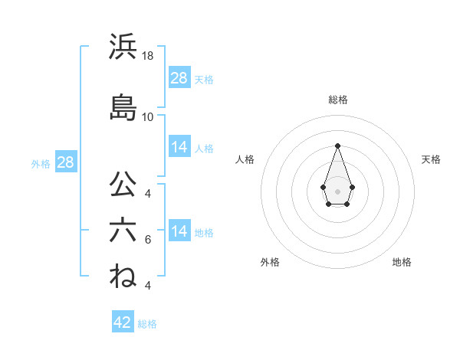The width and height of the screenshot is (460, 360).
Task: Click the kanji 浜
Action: click(123, 47)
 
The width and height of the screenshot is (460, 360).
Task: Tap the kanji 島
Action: click(123, 107)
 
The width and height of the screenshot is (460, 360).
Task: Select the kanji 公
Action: click(123, 185)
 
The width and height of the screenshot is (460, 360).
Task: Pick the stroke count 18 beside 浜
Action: click(148, 56)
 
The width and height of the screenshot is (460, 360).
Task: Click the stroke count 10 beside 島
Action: click(148, 117)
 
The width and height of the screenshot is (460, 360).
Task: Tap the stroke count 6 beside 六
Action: click(148, 240)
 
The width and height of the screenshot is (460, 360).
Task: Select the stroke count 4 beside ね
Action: click(148, 286)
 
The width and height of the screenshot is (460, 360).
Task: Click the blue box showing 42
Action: click(122, 322)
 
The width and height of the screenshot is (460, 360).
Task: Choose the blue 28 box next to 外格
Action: click(65, 162)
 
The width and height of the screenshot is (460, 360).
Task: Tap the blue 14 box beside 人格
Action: click(179, 147)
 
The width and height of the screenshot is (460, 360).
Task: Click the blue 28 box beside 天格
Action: click(179, 78)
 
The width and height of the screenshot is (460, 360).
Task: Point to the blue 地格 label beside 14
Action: click(204, 232)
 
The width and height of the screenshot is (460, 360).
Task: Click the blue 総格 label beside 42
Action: click(147, 324)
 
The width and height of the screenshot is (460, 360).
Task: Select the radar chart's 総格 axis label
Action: click(337, 100)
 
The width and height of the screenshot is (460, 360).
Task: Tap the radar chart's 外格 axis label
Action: click(270, 262)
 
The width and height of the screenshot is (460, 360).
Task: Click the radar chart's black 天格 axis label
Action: click(432, 159)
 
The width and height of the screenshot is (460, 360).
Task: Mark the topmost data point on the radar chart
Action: click(337, 146)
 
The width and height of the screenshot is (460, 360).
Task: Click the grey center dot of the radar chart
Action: click(337, 190)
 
